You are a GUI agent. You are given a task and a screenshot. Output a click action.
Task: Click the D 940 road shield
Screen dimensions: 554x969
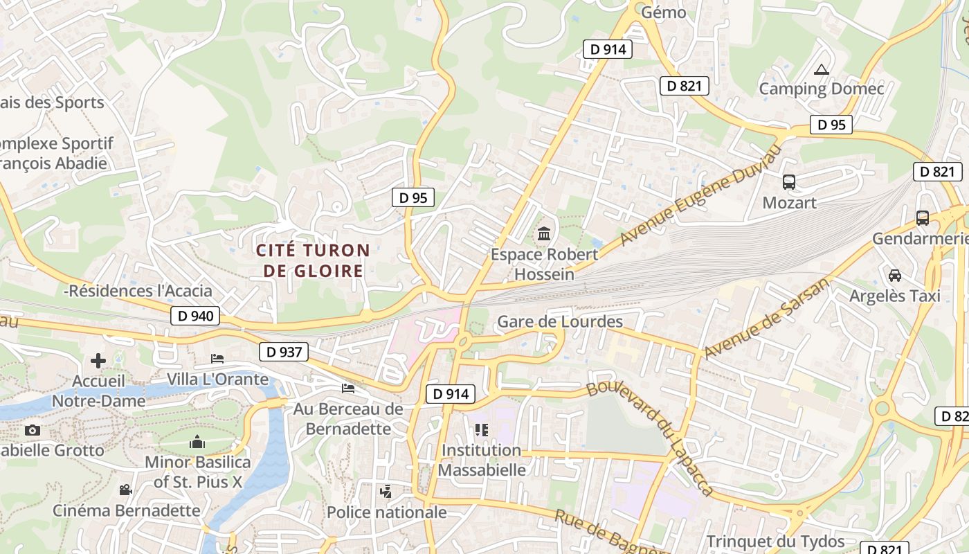coord(195,316)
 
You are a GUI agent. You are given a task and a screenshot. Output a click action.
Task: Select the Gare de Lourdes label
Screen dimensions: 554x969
coord(560,322)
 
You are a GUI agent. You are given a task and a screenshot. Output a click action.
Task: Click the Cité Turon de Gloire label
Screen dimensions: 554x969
coord(313,260)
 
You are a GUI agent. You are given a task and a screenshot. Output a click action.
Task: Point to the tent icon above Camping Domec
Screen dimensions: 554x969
coord(822,69)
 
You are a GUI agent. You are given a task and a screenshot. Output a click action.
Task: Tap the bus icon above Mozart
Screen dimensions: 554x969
coord(789,182)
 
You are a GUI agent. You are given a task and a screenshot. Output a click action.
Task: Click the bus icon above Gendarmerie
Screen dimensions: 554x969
coord(922,218)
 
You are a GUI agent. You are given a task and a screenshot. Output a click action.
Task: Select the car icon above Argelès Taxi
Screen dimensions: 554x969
coord(895,276)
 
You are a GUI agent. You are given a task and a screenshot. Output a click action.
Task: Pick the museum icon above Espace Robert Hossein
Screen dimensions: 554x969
coord(544,234)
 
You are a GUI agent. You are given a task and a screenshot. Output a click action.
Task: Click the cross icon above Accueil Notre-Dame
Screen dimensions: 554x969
coord(98,361)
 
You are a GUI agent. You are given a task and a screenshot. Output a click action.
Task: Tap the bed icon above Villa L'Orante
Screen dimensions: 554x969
coord(217,359)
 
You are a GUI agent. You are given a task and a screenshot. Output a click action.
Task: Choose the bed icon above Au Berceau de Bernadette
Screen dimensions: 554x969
coord(348,388)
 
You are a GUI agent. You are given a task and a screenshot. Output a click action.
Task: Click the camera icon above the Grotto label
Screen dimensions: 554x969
coord(32,430)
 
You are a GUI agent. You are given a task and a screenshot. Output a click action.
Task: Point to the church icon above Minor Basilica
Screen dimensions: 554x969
coord(197,441)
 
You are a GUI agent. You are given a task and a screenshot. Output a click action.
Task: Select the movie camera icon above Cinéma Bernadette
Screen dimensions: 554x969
coord(125,490)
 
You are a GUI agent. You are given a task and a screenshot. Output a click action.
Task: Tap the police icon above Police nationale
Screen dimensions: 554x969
coord(386,492)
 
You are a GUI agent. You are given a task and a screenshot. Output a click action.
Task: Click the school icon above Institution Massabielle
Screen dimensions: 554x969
coord(482,430)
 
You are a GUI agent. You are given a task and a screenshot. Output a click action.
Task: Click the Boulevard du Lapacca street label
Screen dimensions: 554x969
coord(650,438)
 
